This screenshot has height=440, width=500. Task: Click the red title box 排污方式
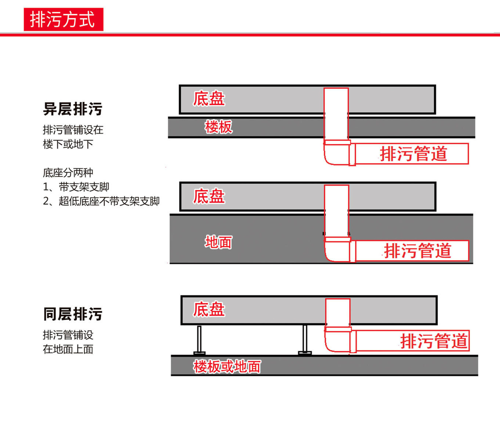(64, 20)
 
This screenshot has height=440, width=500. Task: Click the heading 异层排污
(73, 109)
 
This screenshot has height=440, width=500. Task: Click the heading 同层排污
(73, 314)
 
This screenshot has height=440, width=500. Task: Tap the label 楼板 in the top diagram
(218, 127)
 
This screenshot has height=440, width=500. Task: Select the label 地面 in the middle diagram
(218, 242)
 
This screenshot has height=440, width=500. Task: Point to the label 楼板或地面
(227, 367)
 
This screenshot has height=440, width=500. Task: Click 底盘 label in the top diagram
(209, 99)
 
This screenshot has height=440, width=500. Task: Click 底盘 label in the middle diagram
(209, 196)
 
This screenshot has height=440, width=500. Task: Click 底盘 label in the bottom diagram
(209, 309)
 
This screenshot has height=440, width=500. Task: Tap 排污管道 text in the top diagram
(414, 154)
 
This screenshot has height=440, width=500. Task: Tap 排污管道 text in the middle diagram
(418, 251)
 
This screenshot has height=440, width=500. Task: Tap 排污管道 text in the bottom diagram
(434, 341)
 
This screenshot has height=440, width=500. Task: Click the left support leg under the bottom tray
(199, 340)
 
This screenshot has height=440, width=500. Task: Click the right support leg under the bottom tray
(305, 340)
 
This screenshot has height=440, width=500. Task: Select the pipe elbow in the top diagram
(336, 154)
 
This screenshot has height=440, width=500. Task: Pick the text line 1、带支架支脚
(76, 187)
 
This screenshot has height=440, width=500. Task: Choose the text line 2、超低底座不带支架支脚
(101, 201)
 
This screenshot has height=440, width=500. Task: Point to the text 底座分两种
(68, 173)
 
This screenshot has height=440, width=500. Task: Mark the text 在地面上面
(68, 349)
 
